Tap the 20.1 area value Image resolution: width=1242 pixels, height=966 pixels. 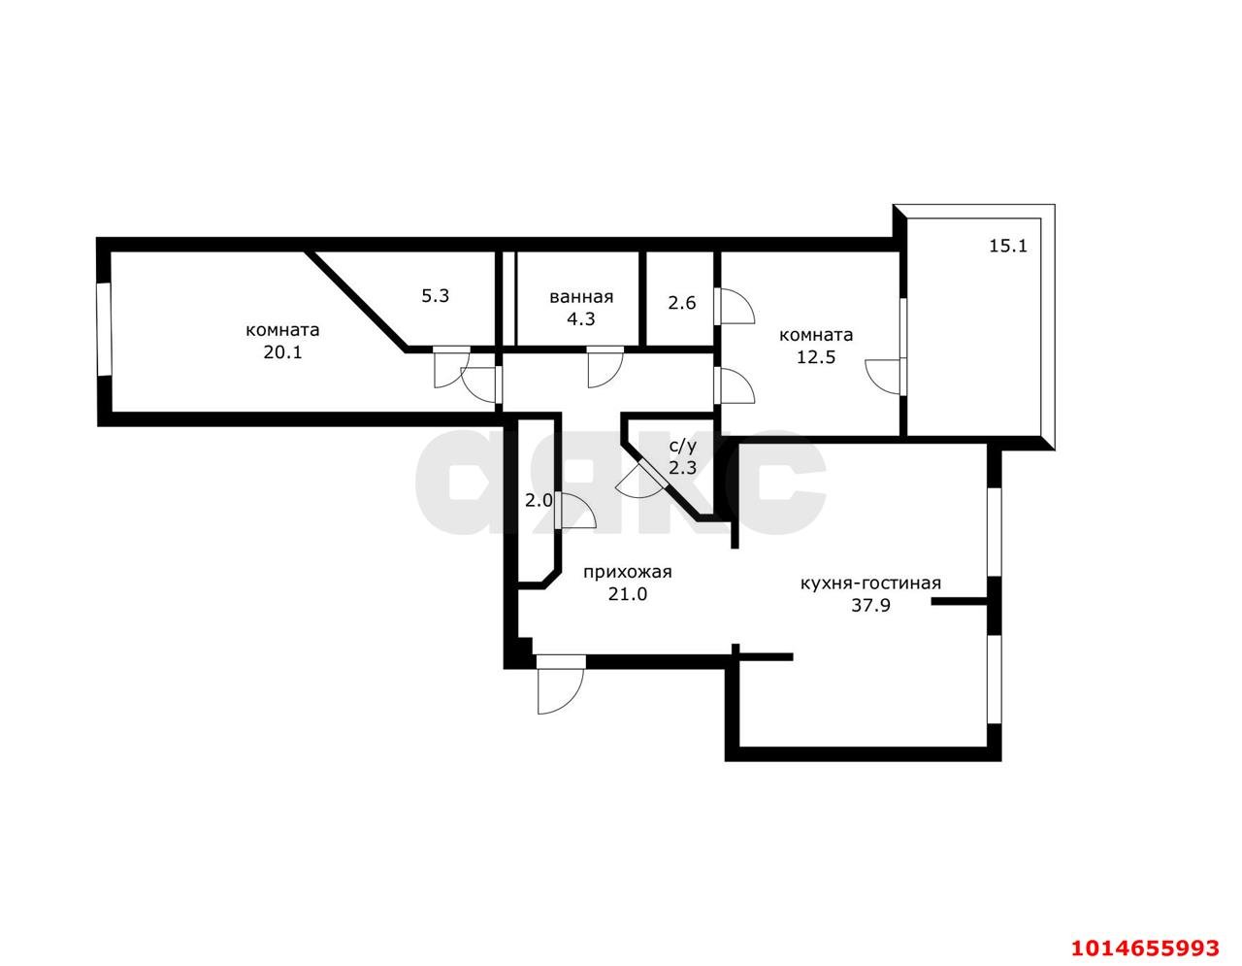[282, 352]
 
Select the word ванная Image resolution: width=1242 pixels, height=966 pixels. [581, 297]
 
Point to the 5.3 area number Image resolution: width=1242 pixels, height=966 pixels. [436, 296]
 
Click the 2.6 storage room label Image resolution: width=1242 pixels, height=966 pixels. [682, 303]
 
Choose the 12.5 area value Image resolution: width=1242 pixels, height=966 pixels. [816, 357]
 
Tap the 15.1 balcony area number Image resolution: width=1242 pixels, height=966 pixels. [1008, 247]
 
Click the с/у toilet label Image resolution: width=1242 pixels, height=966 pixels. [683, 446]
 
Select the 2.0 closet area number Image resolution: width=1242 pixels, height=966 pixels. [539, 501]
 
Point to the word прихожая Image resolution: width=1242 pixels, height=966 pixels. [628, 572]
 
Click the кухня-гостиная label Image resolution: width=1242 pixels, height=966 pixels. [870, 583]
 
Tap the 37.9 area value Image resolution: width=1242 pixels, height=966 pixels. [871, 605]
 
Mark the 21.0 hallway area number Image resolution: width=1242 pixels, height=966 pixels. [628, 594]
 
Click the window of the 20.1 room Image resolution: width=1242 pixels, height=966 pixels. [104, 330]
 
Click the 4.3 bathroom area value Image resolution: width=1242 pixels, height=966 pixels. [580, 319]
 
